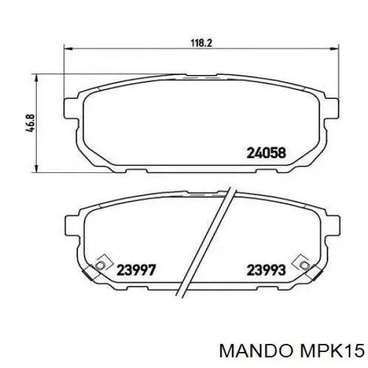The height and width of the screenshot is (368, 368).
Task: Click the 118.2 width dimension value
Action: point(201,43)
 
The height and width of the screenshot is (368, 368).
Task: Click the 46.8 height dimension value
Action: point(31,123)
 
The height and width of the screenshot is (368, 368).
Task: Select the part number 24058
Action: point(266,153)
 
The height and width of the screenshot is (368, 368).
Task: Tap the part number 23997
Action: point(136,270)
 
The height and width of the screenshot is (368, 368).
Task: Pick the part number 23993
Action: point(266,270)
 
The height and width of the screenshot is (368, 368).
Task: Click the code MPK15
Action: point(332,351)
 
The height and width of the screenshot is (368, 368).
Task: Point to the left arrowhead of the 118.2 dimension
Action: point(68,49)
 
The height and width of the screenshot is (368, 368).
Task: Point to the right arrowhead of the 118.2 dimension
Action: point(335,49)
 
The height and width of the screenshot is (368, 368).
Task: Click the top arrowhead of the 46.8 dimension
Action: point(36,78)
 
